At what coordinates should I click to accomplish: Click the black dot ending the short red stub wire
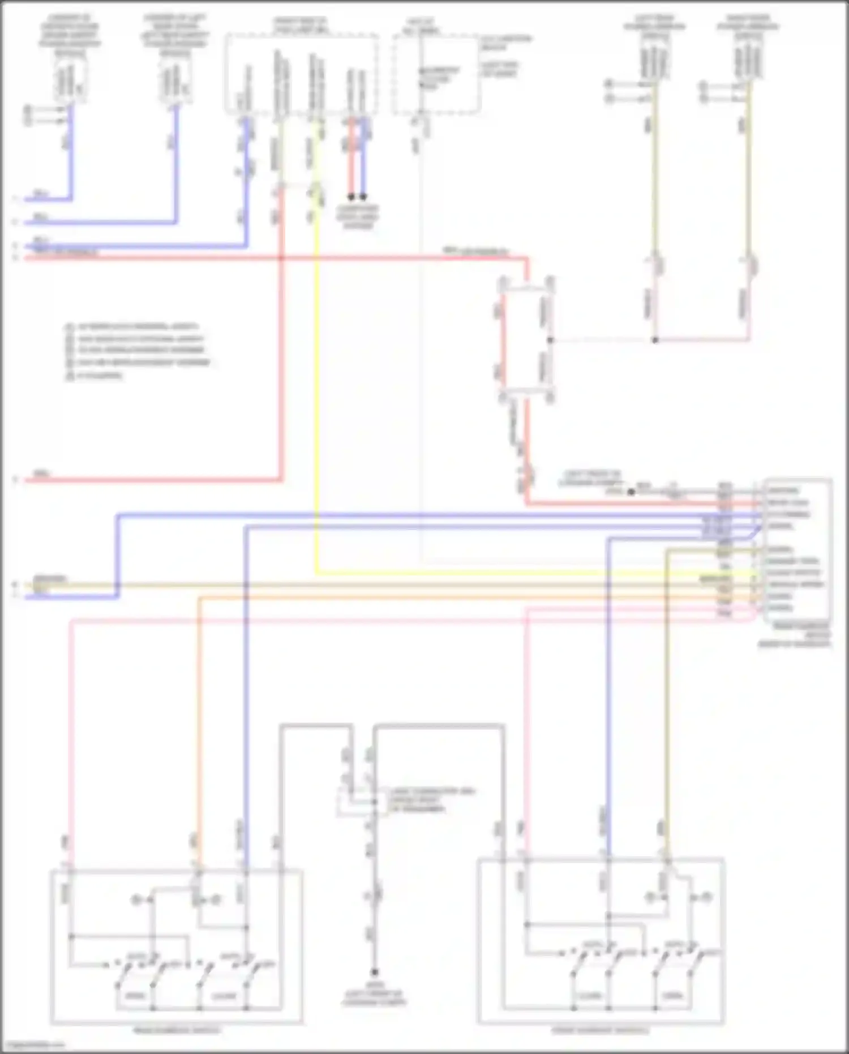click(351, 197)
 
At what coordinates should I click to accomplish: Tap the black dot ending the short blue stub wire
click(363, 197)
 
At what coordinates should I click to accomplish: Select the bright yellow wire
click(316, 396)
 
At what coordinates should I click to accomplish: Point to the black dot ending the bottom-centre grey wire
click(374, 971)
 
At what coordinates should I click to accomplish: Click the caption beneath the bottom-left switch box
click(176, 1030)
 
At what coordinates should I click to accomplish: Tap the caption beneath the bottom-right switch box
click(601, 1030)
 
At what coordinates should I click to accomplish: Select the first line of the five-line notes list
click(133, 327)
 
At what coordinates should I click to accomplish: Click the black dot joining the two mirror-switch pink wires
click(655, 340)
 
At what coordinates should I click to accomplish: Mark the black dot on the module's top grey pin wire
click(631, 492)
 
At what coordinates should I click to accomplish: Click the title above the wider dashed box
click(301, 25)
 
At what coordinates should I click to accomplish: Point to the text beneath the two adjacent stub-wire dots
click(357, 217)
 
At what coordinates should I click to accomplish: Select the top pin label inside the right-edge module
click(783, 490)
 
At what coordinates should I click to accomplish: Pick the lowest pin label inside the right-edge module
click(780, 608)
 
